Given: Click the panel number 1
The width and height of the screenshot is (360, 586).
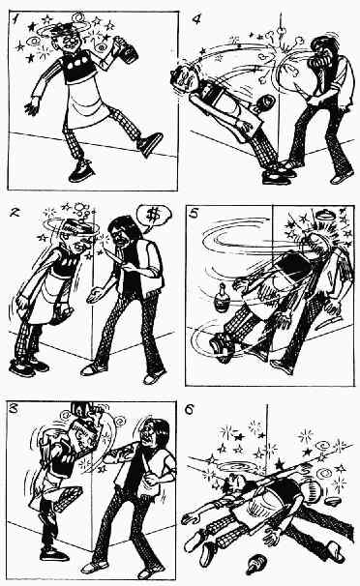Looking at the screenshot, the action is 15,18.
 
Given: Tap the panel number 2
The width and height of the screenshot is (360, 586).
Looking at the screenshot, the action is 15,213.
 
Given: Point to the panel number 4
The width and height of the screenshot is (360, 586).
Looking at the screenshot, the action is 196,18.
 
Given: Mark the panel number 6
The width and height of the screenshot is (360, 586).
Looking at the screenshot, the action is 190,410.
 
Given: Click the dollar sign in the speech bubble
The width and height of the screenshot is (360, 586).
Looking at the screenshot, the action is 152,216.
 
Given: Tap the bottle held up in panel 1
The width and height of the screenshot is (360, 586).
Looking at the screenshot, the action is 127,49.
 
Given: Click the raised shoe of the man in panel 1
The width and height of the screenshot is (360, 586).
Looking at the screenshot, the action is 150,144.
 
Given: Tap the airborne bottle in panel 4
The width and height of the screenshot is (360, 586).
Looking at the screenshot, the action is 263,103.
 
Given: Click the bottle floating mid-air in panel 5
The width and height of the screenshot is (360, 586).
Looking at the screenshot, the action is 222,298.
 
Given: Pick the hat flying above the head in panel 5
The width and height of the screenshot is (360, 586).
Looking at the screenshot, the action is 324,215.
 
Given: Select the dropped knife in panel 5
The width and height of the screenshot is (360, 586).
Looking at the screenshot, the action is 328,322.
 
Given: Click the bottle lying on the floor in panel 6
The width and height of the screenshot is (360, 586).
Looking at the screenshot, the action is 256,563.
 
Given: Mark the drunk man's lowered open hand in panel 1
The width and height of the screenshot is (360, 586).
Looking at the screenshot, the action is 33,107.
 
